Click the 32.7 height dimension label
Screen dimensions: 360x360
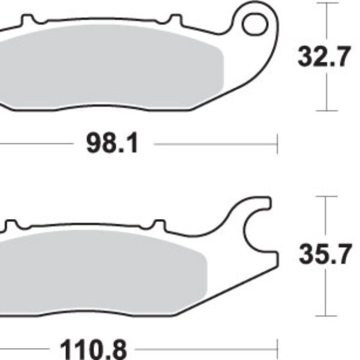pyautogui.click(x=324, y=56)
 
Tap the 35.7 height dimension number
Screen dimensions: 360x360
pyautogui.click(x=325, y=254)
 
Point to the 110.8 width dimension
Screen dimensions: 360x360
pyautogui.click(x=93, y=349)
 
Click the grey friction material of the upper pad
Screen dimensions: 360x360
pyautogui.click(x=110, y=67)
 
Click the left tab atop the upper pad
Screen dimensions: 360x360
pyautogui.click(x=28, y=19)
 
